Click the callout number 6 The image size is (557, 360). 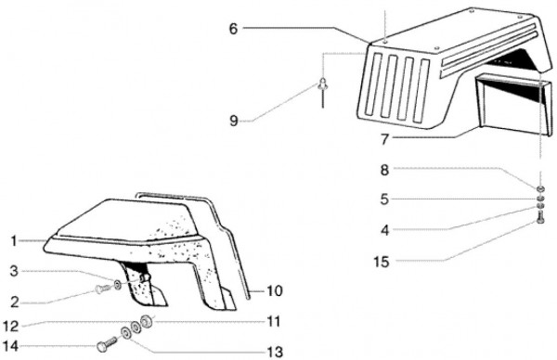233,29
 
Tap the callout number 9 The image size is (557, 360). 233,121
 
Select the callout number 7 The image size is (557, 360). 384,139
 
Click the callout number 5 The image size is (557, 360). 384,199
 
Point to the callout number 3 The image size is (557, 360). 14,271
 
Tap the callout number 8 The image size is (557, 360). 384,170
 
